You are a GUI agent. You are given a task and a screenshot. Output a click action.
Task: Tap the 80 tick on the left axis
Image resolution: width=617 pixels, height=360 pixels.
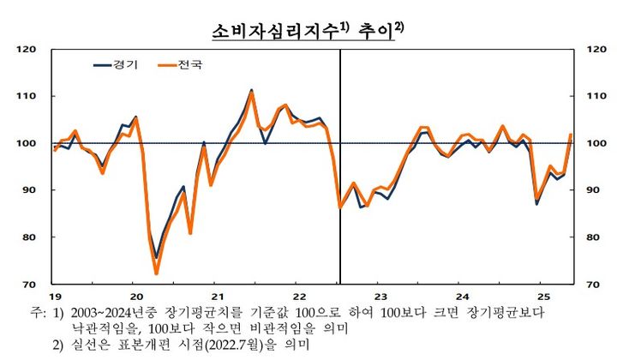28,237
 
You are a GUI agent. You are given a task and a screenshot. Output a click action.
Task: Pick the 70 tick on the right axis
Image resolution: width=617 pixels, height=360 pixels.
590,284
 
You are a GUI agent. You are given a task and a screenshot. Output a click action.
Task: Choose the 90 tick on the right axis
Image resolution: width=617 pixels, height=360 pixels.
590,190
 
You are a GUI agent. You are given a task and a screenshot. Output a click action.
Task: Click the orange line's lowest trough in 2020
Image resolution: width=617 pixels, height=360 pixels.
157,273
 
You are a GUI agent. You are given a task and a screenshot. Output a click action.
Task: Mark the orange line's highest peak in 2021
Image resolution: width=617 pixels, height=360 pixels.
251,93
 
